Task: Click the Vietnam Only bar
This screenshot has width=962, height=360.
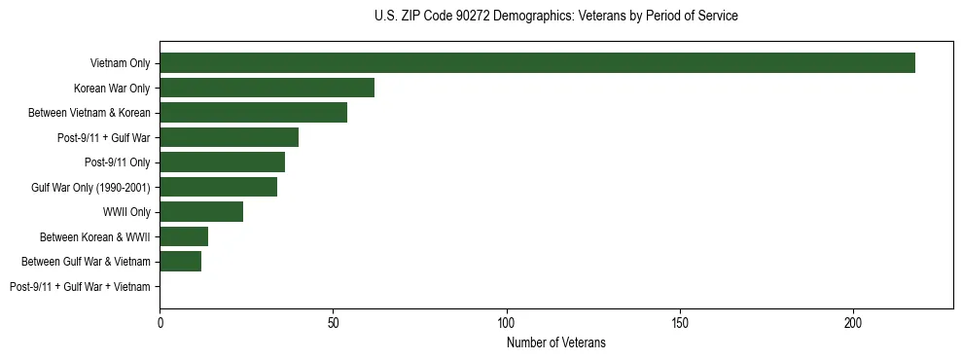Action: [537, 63]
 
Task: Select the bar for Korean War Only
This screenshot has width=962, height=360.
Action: [267, 88]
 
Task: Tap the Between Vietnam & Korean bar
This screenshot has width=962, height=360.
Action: [253, 113]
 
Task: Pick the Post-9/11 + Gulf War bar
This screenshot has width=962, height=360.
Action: [229, 137]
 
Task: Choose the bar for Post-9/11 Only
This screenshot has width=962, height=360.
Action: [222, 162]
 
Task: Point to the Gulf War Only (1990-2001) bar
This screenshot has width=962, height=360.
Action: [218, 187]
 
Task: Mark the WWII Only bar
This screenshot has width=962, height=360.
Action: [201, 212]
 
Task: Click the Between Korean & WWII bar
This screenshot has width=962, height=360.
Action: [184, 236]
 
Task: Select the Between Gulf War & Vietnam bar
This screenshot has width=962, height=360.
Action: [180, 262]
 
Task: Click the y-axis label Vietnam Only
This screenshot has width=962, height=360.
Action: [120, 63]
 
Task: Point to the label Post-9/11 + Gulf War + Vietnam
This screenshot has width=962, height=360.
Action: [80, 287]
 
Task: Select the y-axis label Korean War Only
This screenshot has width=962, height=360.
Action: [112, 89]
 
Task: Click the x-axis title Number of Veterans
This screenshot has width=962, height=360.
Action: [556, 342]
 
